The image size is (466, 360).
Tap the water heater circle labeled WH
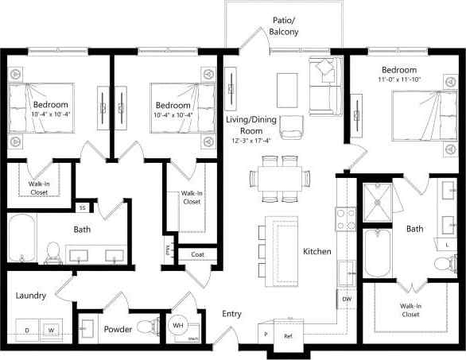pos(179,325)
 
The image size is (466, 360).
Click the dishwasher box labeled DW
pos(347,299)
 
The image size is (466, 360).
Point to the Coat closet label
pos(197,254)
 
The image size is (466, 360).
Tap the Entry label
pos(231,314)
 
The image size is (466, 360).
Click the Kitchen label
pos(316,251)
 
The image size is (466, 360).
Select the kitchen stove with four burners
pos(347,219)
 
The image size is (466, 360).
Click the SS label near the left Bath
pos(81,208)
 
